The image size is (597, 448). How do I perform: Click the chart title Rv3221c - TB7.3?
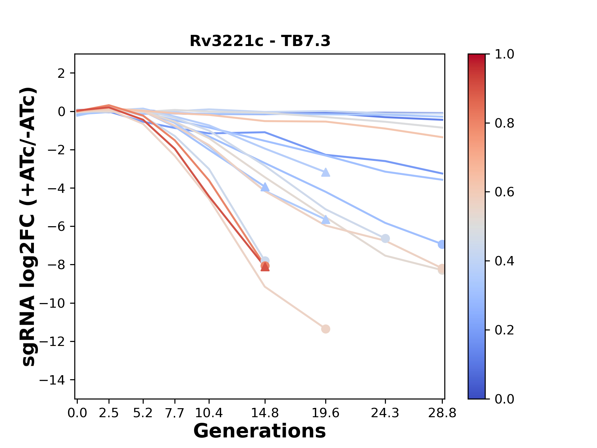260,41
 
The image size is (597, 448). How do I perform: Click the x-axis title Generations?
260,431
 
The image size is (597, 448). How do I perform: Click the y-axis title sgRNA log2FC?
29,226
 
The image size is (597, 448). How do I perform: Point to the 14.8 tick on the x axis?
265,413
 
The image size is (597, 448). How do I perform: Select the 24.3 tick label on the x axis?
385,413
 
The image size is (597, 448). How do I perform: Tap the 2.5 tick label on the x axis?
109,413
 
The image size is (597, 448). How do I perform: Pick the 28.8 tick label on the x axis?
442,413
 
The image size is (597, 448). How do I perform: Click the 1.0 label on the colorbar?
504,54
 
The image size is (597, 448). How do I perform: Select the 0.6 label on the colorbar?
504,192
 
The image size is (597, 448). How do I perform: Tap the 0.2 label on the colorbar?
504,330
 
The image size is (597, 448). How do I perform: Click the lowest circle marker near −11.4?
326,329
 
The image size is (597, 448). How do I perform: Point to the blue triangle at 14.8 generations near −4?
265,187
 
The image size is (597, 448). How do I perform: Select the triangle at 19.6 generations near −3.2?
326,172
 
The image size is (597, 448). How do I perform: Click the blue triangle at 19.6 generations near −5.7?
326,220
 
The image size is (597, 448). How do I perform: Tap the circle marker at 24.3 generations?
385,239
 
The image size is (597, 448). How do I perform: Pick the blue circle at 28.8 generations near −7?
442,244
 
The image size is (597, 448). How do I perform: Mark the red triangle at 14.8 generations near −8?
265,267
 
